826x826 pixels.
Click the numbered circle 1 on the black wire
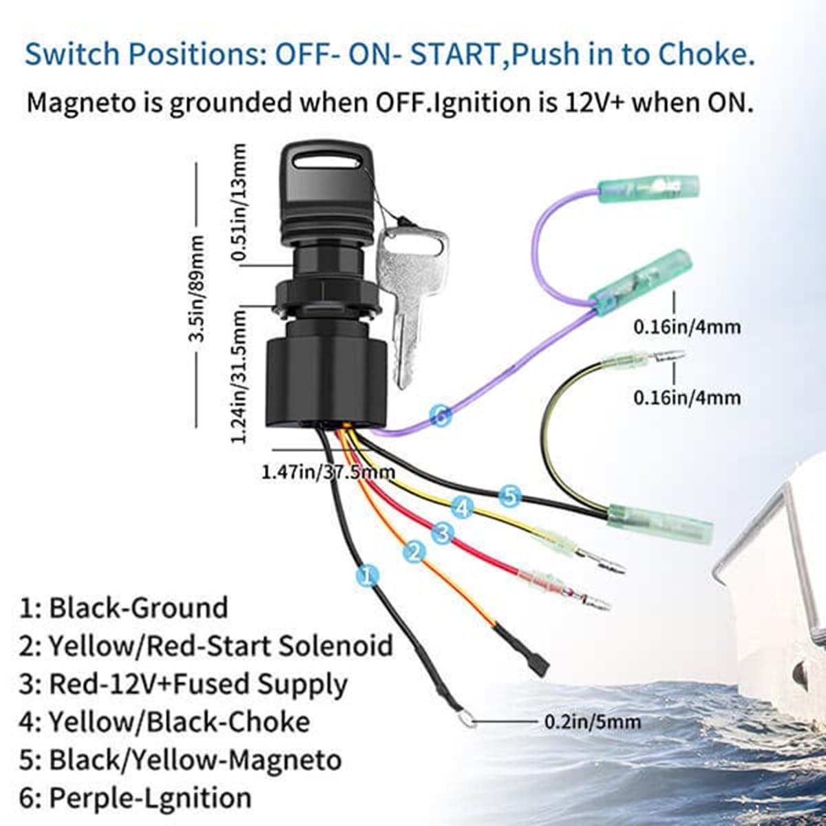(x=368, y=575)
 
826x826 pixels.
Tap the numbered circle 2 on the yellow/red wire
(x=414, y=551)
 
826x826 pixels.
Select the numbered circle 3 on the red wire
(x=443, y=532)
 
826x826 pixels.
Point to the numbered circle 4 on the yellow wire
(x=463, y=509)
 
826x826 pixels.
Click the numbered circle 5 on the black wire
(x=509, y=495)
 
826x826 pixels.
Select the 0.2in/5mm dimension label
(x=592, y=721)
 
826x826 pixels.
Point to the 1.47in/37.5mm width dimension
(x=328, y=472)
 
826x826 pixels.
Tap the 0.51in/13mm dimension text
(x=239, y=203)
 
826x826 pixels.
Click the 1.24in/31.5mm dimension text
(x=239, y=375)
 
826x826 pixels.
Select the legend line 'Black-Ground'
(x=124, y=608)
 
